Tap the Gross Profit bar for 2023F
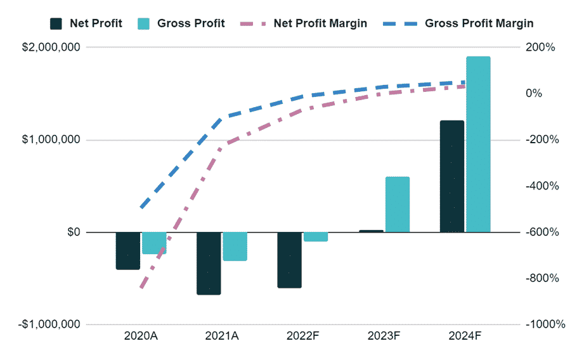(398, 204)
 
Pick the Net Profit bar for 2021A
(209, 263)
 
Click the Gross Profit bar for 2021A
(235, 247)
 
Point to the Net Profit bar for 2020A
(128, 250)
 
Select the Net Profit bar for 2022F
(290, 260)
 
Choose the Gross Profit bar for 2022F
(316, 237)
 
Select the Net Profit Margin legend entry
(304, 23)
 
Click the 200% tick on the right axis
(543, 48)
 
